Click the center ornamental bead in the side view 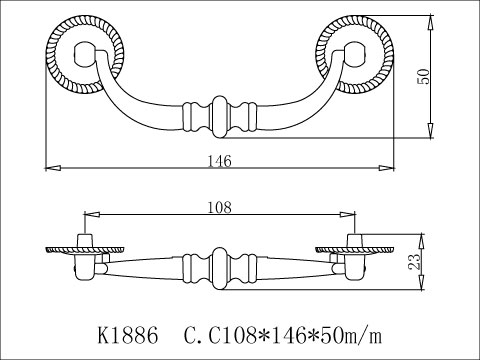pyautogui.click(x=221, y=266)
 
